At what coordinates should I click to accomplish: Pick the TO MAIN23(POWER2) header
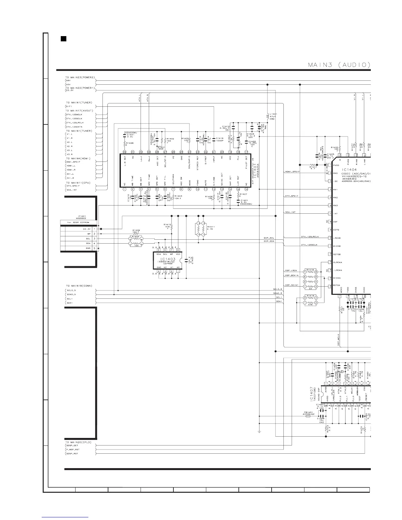[80, 77]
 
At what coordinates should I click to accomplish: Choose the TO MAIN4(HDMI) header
[79, 159]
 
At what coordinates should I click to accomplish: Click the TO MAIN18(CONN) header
[79, 286]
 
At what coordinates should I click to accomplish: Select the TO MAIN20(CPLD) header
[79, 442]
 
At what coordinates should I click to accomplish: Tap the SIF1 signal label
[69, 106]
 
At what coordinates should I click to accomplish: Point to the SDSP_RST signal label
[72, 454]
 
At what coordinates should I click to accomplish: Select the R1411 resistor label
[211, 227]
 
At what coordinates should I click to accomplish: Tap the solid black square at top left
[64, 39]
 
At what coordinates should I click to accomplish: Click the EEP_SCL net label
[269, 237]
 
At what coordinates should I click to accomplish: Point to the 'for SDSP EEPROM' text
[78, 223]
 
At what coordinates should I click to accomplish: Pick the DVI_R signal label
[70, 178]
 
